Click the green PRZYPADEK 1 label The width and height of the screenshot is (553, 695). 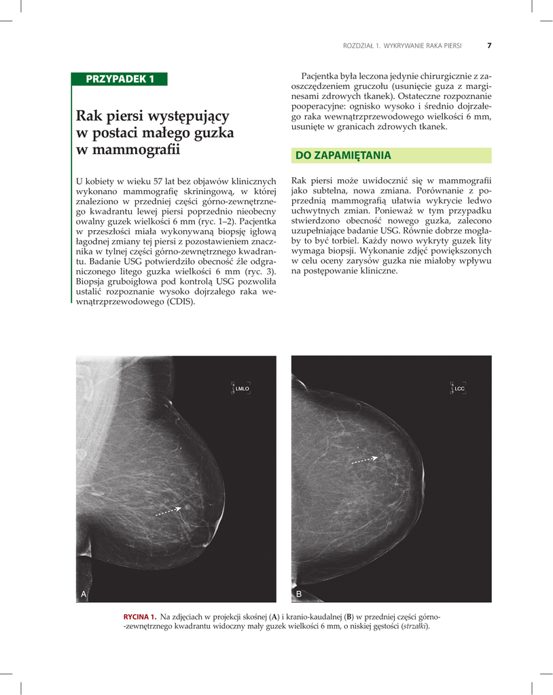[x=120, y=79]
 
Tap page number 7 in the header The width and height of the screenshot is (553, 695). [x=489, y=46]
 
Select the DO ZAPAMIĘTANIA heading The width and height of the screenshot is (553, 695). [x=343, y=156]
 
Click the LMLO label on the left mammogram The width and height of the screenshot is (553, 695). [x=243, y=388]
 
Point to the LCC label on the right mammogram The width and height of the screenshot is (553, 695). [x=459, y=388]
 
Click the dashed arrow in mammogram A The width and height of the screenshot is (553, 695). [x=168, y=511]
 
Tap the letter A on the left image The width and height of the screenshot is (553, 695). [x=84, y=594]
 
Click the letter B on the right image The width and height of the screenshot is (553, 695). [x=299, y=594]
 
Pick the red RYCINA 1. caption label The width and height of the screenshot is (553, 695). [x=140, y=616]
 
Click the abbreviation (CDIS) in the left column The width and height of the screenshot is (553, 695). [x=180, y=301]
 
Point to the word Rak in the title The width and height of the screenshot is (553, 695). [x=88, y=116]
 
